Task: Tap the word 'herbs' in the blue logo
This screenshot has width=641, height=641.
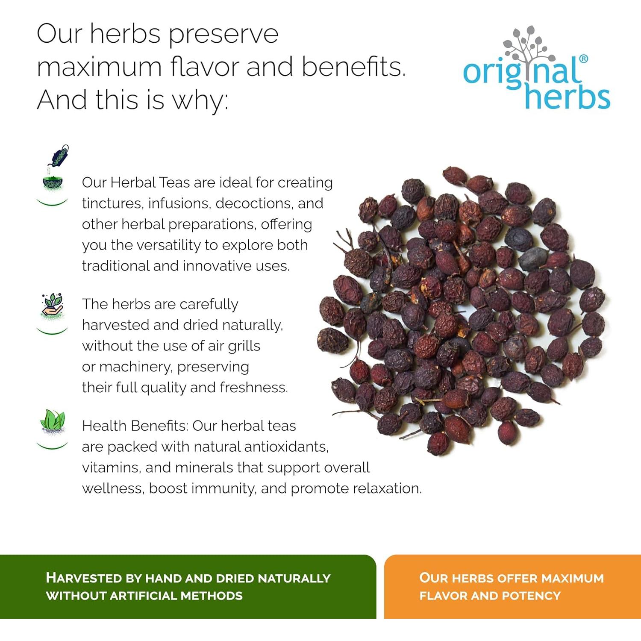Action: click(x=567, y=97)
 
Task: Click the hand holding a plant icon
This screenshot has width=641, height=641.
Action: click(x=53, y=305)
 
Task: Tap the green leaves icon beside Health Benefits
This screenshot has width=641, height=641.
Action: click(x=53, y=420)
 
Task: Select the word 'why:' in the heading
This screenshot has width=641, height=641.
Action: click(x=199, y=100)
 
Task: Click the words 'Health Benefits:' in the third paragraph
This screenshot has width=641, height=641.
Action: click(x=135, y=426)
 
